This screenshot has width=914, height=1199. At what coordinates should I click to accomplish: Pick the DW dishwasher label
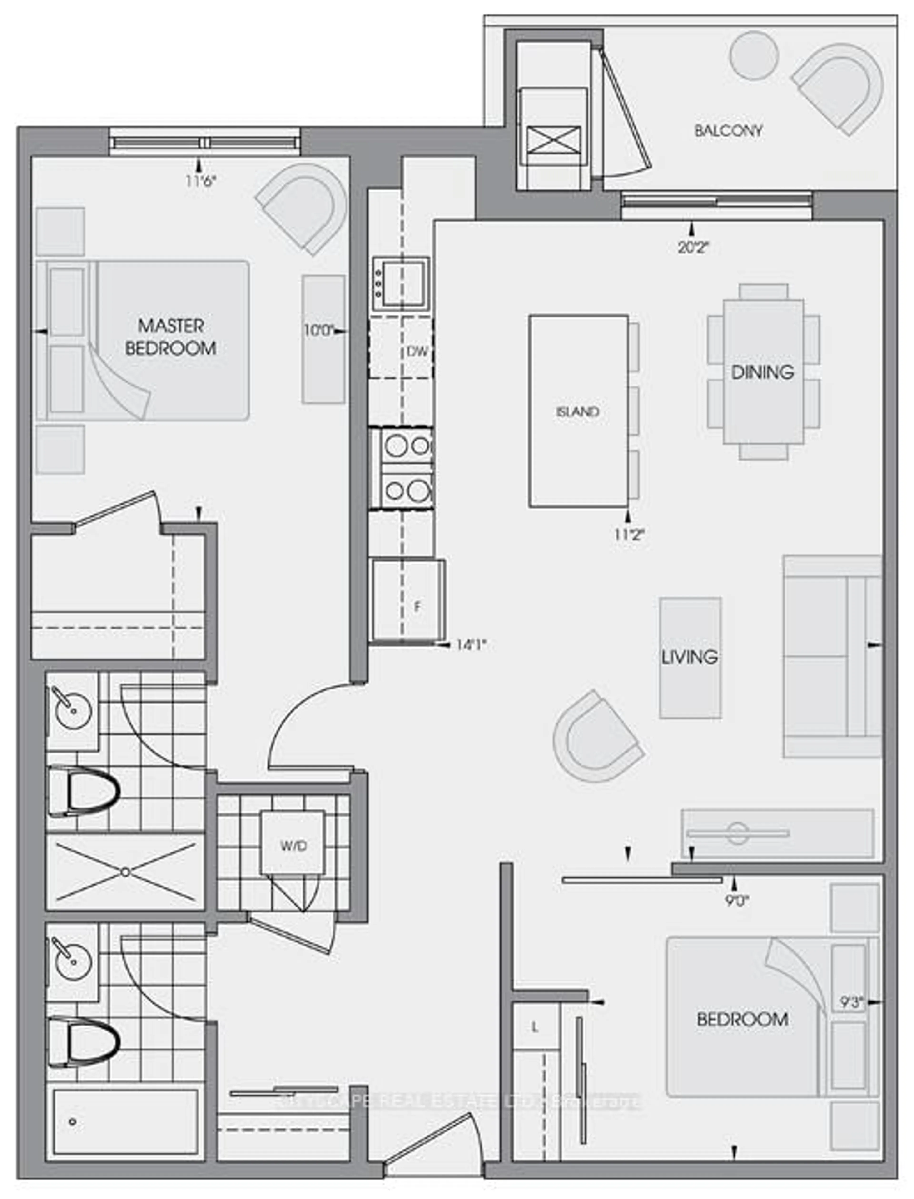[x=417, y=352]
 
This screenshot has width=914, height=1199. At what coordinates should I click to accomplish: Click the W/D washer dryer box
[x=293, y=846]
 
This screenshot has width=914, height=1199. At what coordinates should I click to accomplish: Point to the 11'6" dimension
[x=201, y=181]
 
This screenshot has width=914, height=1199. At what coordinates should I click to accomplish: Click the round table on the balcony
[x=754, y=55]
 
